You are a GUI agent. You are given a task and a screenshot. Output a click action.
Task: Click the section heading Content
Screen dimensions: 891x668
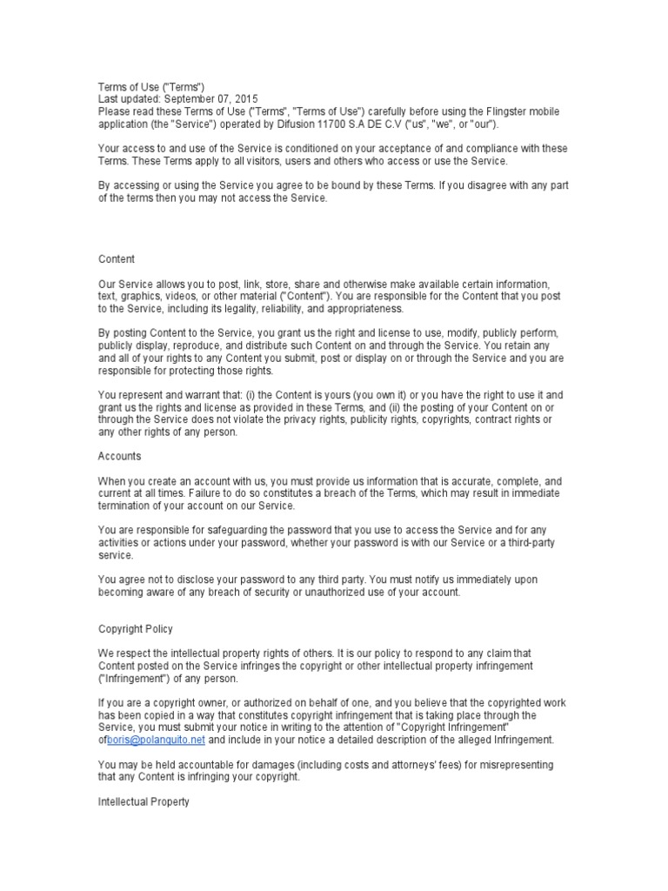click(x=116, y=259)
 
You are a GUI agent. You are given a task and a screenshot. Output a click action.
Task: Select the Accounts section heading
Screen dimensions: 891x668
click(x=119, y=455)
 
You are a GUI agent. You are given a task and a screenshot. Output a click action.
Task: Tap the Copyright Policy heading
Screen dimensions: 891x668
click(x=135, y=628)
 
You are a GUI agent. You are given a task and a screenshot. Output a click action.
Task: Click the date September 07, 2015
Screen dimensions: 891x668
click(x=209, y=99)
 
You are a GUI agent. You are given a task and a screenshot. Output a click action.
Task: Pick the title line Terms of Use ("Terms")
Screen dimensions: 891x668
click(x=150, y=87)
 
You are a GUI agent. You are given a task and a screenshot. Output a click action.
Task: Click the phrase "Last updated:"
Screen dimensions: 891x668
click(x=128, y=99)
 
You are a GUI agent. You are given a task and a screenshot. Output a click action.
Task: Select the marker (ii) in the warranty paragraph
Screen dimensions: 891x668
click(x=360, y=405)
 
